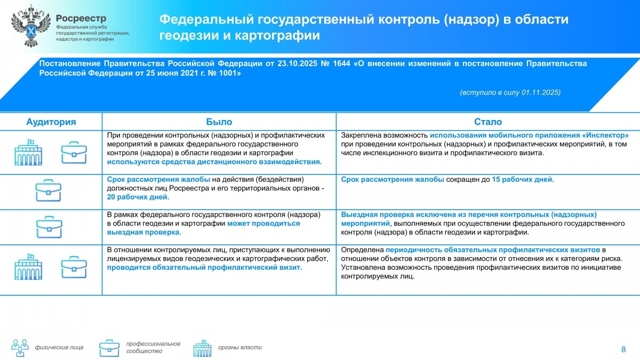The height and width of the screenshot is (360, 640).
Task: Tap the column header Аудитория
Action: pyautogui.click(x=51, y=122)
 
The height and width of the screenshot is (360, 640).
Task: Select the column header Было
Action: pyautogui.click(x=219, y=122)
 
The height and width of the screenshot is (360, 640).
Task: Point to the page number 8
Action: pyautogui.click(x=623, y=349)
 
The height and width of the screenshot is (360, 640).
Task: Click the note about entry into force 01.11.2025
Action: pyautogui.click(x=510, y=92)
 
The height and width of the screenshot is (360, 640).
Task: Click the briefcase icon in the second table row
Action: pyautogui.click(x=50, y=191)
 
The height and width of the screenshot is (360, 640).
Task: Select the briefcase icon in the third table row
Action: pyautogui.click(x=50, y=227)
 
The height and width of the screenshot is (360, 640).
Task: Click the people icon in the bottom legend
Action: pyautogui.click(x=20, y=347)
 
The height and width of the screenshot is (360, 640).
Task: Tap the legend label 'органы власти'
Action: pyautogui.click(x=239, y=347)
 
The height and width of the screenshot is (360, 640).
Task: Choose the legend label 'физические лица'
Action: pyautogui.click(x=59, y=347)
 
